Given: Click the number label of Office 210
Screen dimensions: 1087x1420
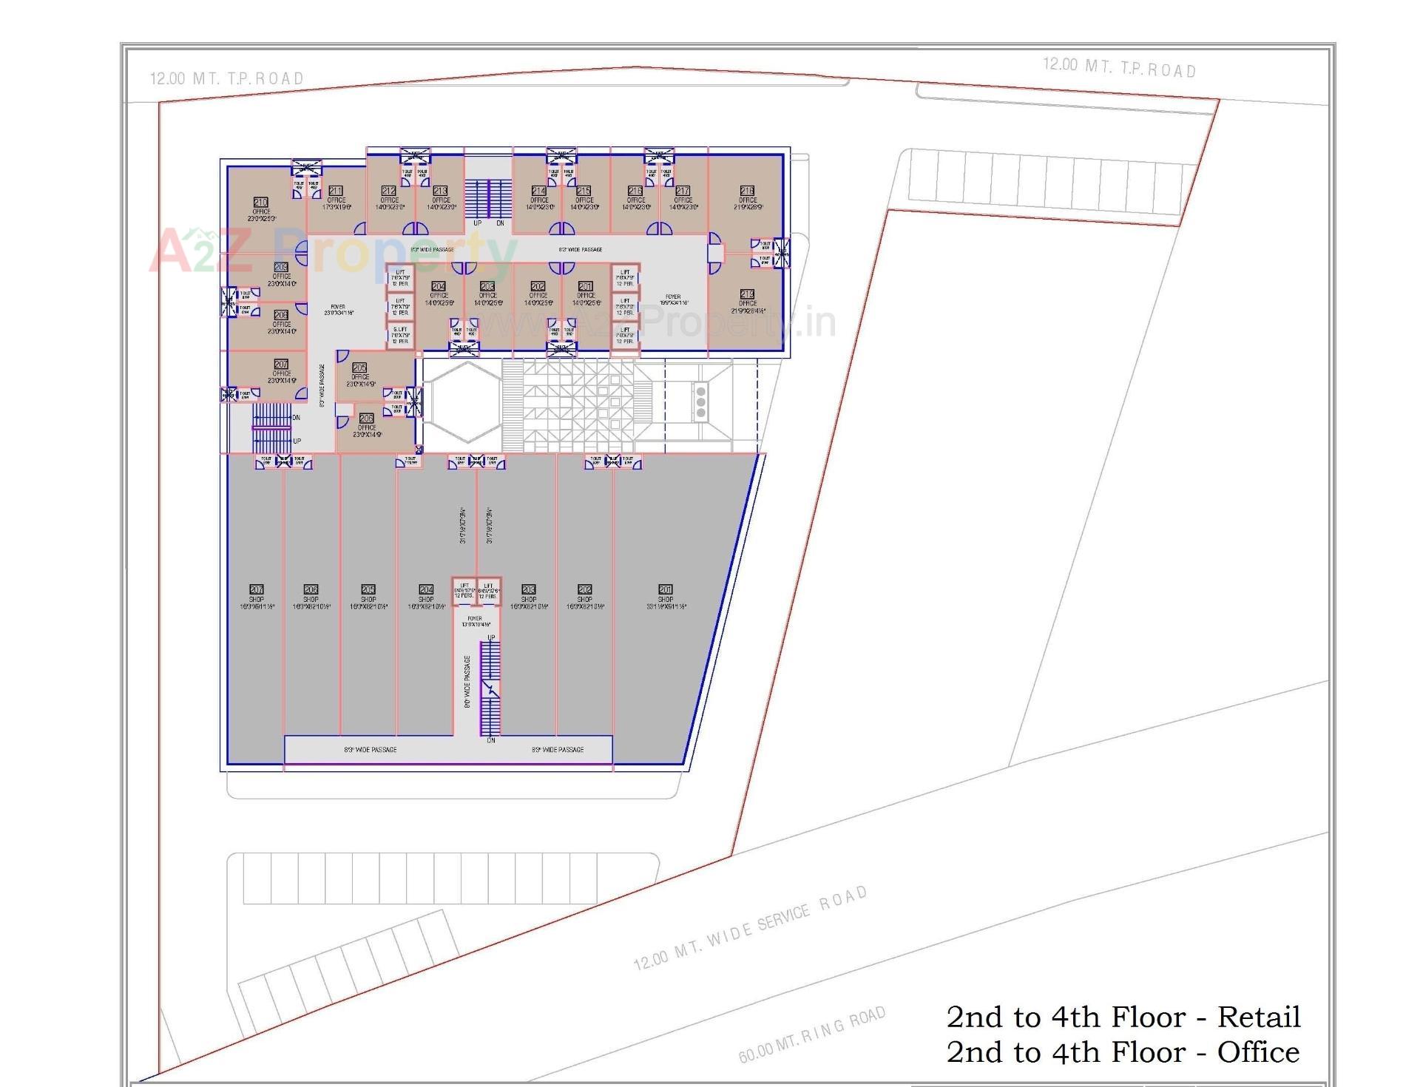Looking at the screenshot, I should pos(260,202).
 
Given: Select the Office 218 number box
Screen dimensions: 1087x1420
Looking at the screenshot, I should pos(747,191).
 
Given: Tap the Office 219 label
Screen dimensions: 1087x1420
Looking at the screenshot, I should pos(747,294).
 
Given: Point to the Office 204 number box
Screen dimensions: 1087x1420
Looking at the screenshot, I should pos(439,286).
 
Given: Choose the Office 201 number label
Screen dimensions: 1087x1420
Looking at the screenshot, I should pos(586,286).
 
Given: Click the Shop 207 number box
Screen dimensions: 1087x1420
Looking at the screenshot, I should pos(257,589).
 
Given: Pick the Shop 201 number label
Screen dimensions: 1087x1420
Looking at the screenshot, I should pos(666,589).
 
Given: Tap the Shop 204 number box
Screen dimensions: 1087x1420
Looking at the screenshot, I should pos(426,589).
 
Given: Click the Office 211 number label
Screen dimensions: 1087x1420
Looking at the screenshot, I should pos(336,191).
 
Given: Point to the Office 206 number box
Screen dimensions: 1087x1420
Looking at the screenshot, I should pos(366,418).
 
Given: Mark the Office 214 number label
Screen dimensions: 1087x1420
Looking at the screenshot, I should pos(539,191).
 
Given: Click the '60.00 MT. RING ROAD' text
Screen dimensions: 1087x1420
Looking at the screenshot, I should pos(811,1034).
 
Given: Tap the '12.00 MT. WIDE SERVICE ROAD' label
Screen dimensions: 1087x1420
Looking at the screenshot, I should pos(750,928).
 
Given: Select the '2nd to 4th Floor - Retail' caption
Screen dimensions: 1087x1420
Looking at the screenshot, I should pos(1123,1017).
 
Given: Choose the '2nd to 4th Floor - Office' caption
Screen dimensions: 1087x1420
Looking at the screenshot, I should pos(1123,1052).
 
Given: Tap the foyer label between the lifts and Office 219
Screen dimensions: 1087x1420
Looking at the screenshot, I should pos(673,299).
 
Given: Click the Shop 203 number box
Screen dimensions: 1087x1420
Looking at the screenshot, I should pos(528,589).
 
